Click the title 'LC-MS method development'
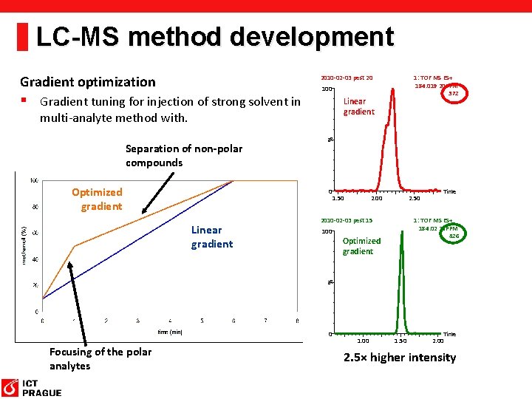click(214, 36)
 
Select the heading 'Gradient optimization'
click(88, 82)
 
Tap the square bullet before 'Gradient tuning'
click(24, 100)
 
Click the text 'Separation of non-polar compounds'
click(183, 156)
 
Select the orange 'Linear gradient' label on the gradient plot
click(211, 236)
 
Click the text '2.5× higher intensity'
click(399, 358)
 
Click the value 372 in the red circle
click(453, 94)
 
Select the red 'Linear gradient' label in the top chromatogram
click(358, 106)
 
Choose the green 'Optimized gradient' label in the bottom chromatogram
click(361, 246)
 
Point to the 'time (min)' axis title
click(169, 332)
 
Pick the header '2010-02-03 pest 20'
click(347, 78)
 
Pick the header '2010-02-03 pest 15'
click(347, 220)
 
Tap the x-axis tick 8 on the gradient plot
click(297, 321)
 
